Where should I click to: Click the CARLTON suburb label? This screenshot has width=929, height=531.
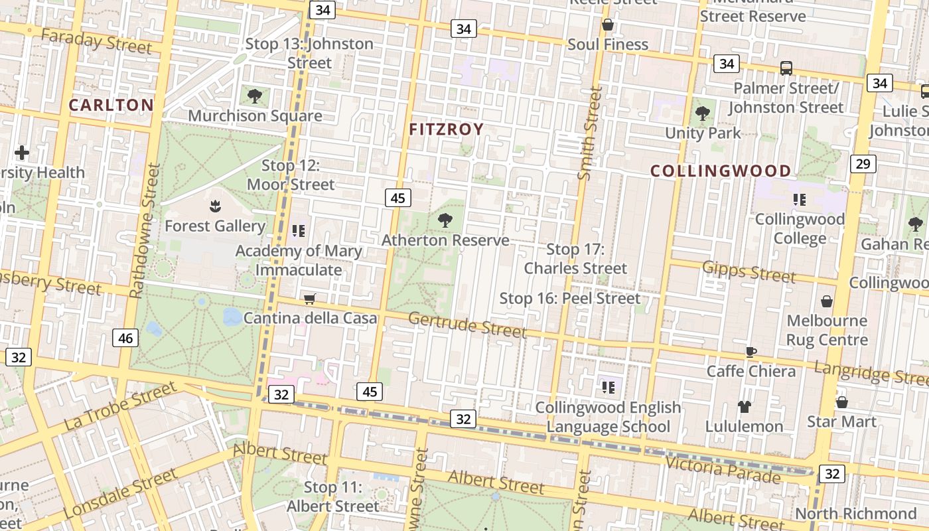111,105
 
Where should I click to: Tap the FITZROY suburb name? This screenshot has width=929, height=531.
446,129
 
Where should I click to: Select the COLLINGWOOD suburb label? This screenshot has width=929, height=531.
720,171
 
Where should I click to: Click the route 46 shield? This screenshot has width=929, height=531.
125,339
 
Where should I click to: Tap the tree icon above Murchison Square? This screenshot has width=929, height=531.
254,97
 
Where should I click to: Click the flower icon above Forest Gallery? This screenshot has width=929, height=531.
215,207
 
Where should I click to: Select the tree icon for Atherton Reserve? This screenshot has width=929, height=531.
445,220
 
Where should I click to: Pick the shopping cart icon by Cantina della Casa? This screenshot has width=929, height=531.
309,299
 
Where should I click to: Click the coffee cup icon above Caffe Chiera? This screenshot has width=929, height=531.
751,352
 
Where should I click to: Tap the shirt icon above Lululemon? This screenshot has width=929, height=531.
744,407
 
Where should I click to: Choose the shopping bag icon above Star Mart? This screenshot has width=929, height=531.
841,402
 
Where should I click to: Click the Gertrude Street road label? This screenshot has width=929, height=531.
467,325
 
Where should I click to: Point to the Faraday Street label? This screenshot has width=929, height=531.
96,41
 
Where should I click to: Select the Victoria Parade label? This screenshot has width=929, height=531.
723,470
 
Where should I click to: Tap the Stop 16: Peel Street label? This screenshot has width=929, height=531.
570,299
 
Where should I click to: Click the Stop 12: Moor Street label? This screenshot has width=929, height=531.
291,175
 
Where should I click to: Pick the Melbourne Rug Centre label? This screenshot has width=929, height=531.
827,331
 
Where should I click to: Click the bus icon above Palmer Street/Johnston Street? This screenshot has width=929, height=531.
786,68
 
